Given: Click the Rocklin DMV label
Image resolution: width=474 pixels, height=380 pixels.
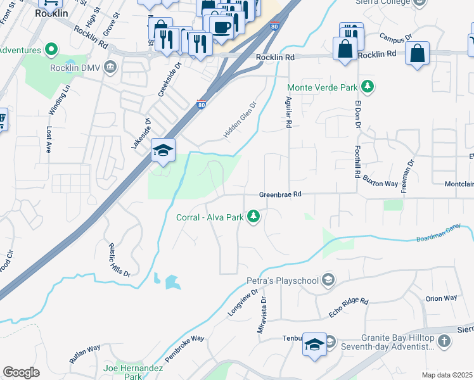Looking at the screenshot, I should pyautogui.click(x=73, y=67).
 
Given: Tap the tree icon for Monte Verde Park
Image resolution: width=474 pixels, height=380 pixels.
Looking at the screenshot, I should pyautogui.click(x=367, y=87).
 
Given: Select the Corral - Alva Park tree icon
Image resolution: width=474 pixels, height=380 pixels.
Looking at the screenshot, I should pyautogui.click(x=253, y=217).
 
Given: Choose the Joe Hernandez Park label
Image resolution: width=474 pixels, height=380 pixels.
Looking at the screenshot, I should pyautogui.click(x=132, y=372).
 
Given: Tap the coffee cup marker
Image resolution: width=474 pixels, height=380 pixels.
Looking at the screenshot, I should pyautogui.click(x=221, y=27).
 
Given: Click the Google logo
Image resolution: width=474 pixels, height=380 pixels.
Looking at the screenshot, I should pyautogui.click(x=21, y=372).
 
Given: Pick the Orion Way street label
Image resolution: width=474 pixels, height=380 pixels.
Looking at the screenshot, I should pyautogui.click(x=441, y=298).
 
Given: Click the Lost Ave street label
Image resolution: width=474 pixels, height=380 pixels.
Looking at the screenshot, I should pyautogui.click(x=49, y=139).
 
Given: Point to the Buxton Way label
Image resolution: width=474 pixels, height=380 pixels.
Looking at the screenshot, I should pyautogui.click(x=380, y=182).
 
